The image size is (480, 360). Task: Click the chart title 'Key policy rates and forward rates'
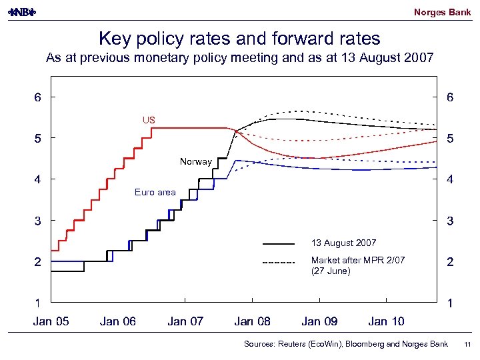[239, 38]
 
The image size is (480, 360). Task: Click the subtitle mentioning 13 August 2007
[239, 58]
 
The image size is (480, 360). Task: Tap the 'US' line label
[148, 120]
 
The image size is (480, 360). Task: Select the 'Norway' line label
[195, 161]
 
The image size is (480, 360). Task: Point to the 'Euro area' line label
[155, 192]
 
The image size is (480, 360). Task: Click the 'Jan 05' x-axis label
[51, 321]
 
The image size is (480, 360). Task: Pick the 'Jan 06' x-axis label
[118, 321]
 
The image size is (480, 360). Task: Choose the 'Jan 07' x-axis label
[185, 321]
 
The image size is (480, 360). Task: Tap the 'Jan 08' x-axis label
[253, 321]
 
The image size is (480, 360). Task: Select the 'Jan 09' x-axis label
[319, 321]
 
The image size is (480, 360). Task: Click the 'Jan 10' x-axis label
[386, 321]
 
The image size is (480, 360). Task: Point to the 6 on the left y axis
[38, 97]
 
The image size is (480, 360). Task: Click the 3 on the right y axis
[451, 221]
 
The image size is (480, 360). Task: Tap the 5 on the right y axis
[451, 139]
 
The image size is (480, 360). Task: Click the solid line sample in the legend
[279, 244]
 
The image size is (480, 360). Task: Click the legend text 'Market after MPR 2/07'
[358, 260]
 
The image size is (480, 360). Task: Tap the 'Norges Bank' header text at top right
[442, 12]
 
